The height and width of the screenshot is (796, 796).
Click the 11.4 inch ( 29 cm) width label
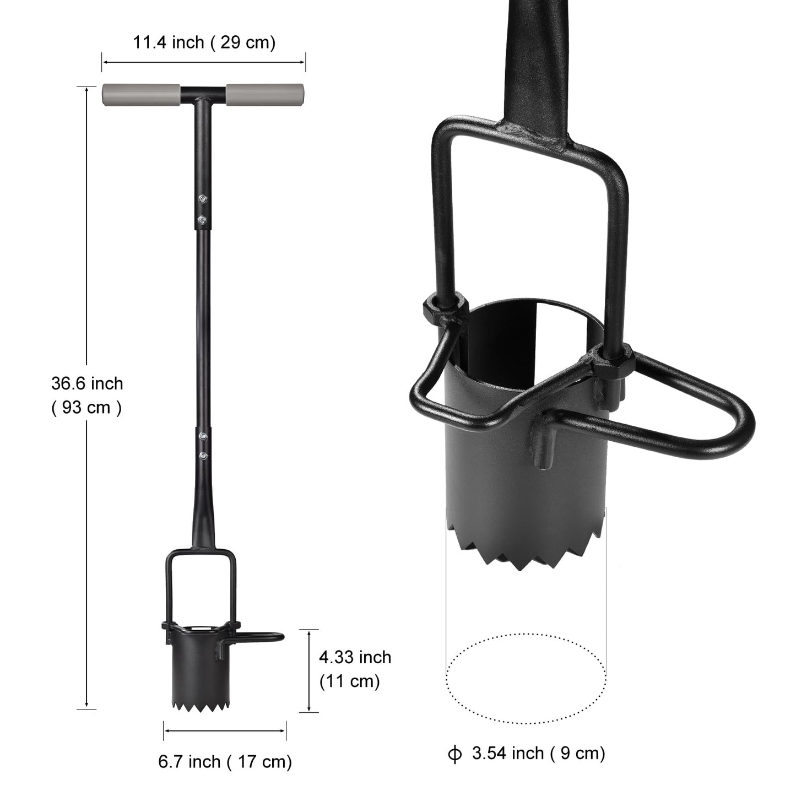tap(204, 42)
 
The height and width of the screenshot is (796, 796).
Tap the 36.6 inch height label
tap(87, 383)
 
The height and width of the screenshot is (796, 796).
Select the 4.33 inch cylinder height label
tap(355, 657)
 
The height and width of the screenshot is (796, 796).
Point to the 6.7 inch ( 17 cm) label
tap(225, 762)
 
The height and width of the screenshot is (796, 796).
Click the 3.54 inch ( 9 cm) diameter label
tap(538, 753)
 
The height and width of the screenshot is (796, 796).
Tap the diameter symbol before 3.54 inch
tap(455, 754)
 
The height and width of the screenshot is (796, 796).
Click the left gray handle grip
tap(141, 95)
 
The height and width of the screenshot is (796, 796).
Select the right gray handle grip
tap(265, 95)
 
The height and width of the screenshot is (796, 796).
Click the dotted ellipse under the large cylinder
tap(526, 678)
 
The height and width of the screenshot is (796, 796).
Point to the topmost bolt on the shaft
tap(203, 199)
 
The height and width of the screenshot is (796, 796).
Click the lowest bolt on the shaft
tap(204, 456)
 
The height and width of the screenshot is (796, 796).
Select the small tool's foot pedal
tap(264, 637)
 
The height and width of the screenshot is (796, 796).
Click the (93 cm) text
tap(87, 408)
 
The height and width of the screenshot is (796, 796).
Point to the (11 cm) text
tap(350, 681)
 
